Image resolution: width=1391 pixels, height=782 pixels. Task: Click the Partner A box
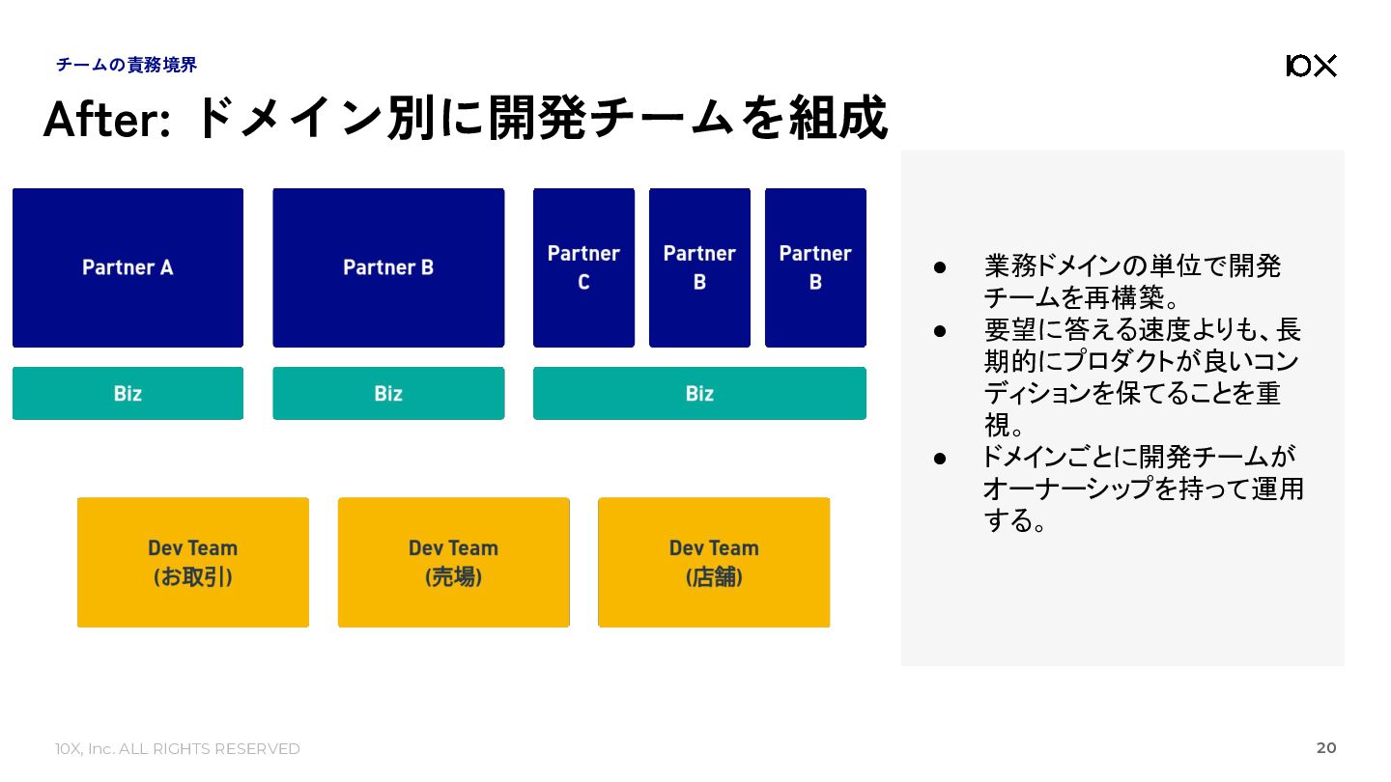click(x=128, y=267)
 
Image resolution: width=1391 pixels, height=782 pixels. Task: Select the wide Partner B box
click(x=388, y=267)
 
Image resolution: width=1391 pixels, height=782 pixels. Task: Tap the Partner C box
click(x=583, y=267)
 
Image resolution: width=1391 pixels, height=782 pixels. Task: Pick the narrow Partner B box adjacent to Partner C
click(x=699, y=267)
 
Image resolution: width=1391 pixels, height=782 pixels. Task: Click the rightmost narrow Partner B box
click(x=815, y=267)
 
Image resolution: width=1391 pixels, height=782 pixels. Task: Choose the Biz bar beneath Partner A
click(x=128, y=394)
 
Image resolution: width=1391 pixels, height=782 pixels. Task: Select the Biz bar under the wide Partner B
click(x=388, y=394)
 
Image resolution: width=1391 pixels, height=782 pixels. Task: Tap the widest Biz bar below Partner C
click(x=699, y=394)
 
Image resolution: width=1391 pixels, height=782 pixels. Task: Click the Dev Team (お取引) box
click(x=193, y=562)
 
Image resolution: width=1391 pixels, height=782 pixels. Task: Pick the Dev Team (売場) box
click(x=454, y=562)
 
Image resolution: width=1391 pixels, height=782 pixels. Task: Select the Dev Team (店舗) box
click(x=714, y=562)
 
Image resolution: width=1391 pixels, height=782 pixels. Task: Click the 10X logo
click(x=1311, y=66)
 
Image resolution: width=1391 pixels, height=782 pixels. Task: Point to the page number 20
click(x=1326, y=748)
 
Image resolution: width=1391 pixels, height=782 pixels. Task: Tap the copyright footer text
click(x=178, y=749)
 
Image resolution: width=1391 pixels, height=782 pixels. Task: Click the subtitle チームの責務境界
click(x=126, y=65)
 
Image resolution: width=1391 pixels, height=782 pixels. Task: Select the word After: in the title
click(x=107, y=119)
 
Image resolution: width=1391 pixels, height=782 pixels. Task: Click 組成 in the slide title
click(x=838, y=118)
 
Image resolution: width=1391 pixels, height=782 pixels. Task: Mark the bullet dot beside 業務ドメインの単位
click(x=940, y=267)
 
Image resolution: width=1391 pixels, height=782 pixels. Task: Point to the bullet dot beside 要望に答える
click(x=940, y=331)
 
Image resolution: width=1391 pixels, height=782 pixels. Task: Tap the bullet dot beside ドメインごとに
click(x=940, y=459)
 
